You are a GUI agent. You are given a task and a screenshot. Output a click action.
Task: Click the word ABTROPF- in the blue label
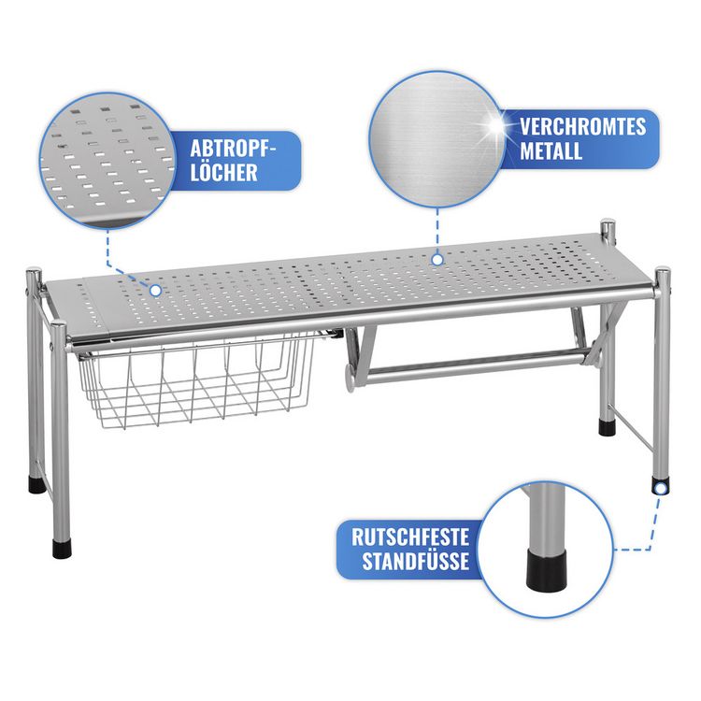point(233,149)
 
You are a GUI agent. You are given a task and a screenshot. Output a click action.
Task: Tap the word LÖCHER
point(223,173)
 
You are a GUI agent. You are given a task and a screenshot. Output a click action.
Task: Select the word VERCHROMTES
point(583,126)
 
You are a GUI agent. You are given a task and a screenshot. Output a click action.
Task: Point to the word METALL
point(551,150)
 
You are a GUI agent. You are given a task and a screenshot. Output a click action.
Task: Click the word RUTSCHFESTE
point(410,536)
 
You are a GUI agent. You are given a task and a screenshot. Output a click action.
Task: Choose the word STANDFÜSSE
point(416,561)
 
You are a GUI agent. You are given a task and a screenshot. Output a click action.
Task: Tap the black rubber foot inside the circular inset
point(547,568)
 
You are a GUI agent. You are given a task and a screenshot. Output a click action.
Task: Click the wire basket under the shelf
point(195,382)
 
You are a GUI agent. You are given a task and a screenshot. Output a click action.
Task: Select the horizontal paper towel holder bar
point(472,366)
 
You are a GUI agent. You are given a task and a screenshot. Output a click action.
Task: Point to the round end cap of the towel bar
point(350,379)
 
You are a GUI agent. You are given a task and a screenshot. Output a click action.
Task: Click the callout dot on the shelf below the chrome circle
point(437,259)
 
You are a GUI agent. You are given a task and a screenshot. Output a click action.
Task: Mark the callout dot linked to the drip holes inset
point(155,291)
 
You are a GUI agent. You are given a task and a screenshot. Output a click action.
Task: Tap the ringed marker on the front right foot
point(661,487)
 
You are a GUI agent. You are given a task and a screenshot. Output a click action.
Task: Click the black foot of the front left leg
point(62,549)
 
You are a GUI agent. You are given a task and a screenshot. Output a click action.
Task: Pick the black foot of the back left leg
point(37,484)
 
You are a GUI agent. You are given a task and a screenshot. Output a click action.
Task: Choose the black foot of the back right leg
point(608,427)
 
